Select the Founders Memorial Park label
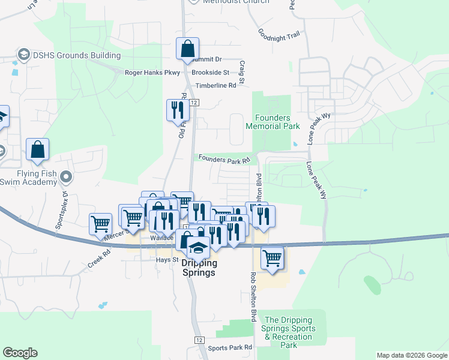pos(273,122)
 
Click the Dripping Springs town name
pos(198,267)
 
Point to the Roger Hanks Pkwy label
pos(152,73)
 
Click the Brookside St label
pos(211,73)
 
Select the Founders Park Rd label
pos(223,160)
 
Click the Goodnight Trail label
pos(279,34)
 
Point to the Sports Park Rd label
pos(230,348)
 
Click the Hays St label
pos(167,260)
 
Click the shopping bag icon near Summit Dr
pos(187,49)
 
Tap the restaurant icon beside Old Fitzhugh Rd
pos(177,110)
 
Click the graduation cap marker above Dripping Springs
pos(198,245)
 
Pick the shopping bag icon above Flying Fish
pos(37,150)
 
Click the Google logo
pos(20,353)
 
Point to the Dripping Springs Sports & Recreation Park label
pos(289,332)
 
